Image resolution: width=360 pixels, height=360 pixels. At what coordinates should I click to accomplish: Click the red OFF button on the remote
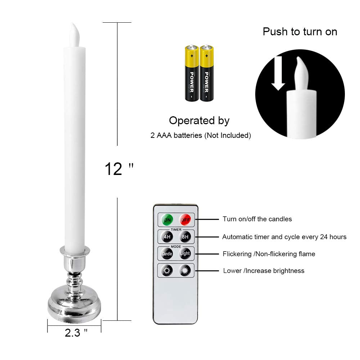185,219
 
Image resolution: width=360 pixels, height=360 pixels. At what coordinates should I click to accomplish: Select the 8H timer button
185,237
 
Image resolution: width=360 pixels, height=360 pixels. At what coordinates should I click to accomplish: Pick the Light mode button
185,254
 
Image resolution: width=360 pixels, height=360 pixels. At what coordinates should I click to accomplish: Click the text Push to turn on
300,32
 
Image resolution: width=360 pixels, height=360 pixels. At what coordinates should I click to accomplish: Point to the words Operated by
199,121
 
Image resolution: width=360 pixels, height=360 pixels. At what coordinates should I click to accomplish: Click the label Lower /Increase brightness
264,271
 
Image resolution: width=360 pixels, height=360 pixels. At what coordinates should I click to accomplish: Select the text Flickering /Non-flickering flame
269,254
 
